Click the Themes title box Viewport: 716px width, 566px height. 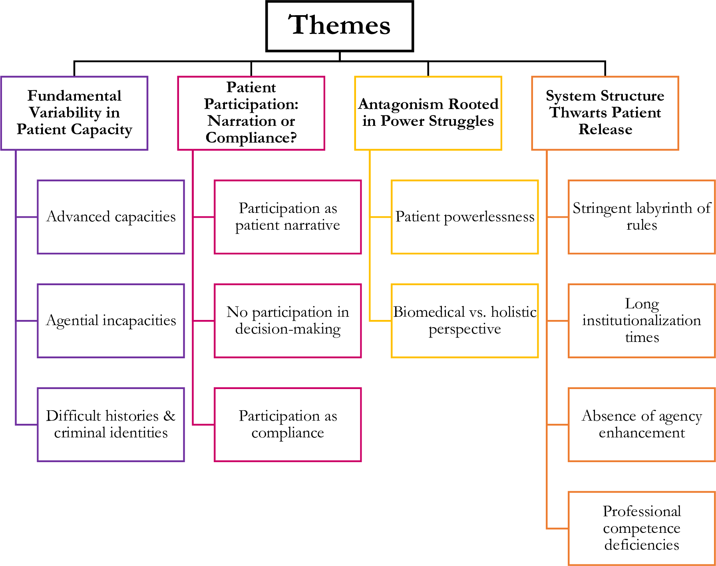coord(340,26)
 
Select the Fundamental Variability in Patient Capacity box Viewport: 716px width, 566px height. coord(74,113)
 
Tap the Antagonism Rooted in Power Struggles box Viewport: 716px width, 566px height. coord(428,113)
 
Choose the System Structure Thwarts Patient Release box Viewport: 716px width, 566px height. coord(605,113)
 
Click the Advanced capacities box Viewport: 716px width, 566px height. coord(111,217)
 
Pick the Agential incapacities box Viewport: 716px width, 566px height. coord(111,321)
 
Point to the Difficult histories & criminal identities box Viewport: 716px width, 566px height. coord(111,425)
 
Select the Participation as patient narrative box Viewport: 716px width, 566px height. coord(288,217)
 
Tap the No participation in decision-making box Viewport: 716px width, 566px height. coord(288,321)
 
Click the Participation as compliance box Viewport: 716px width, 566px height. coord(288,425)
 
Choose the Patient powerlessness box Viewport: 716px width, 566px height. coord(465,217)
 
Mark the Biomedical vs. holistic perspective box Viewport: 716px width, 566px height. coord(465,321)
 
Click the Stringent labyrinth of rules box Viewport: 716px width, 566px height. coord(642,217)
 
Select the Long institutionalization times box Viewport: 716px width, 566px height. coord(642,321)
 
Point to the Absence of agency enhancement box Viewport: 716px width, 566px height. coord(642,425)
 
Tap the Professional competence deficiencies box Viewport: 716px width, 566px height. coord(642,528)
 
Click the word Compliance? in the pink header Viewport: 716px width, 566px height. coord(251,138)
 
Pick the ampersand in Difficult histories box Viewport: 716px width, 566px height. coord(169,416)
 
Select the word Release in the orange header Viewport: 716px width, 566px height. coord(605,129)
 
